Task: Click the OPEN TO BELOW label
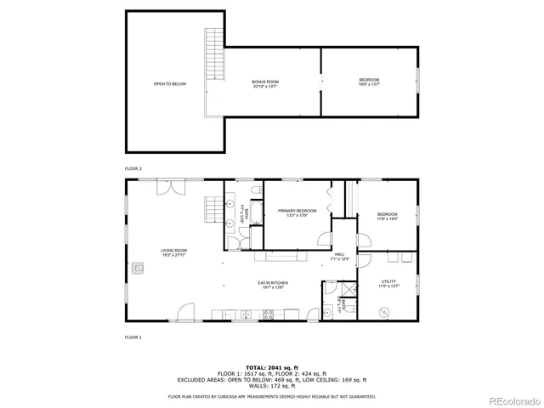coord(169,83)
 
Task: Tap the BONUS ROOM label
coord(264,83)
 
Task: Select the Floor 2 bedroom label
coord(369,82)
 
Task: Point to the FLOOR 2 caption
coord(133,169)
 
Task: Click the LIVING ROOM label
coord(174,252)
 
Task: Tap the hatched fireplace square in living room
coord(138,268)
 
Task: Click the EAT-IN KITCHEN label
coord(273,284)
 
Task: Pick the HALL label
coord(338,256)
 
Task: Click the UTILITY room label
coord(387,283)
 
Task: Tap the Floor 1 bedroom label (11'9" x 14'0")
coord(387,216)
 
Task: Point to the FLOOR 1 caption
coord(133,337)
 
